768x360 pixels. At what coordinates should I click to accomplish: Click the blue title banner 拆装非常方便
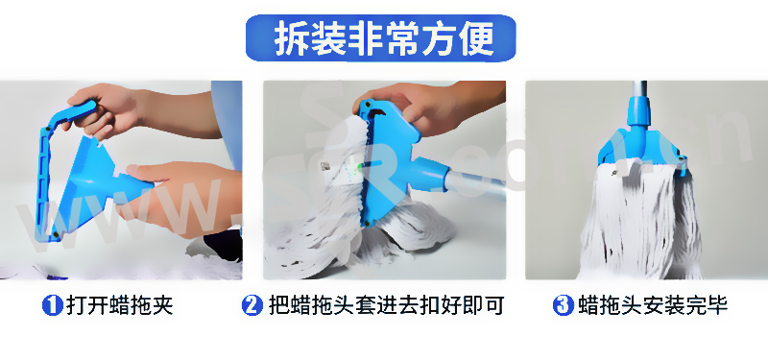coord(380,38)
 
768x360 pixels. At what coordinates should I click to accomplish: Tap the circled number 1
coord(53,306)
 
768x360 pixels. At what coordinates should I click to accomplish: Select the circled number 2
coord(252,306)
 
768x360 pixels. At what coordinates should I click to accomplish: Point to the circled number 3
coord(563,306)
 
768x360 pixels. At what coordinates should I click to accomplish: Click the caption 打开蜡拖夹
coord(119,306)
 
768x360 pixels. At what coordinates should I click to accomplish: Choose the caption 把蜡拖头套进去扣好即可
coord(387,306)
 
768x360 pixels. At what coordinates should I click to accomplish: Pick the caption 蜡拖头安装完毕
coord(653,306)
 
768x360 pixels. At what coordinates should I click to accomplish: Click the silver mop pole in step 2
coord(475,182)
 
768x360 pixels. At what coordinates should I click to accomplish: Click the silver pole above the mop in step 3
coord(637,89)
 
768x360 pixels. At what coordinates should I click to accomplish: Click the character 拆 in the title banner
coord(290,38)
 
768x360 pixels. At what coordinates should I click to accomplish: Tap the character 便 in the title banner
coord(476,38)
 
